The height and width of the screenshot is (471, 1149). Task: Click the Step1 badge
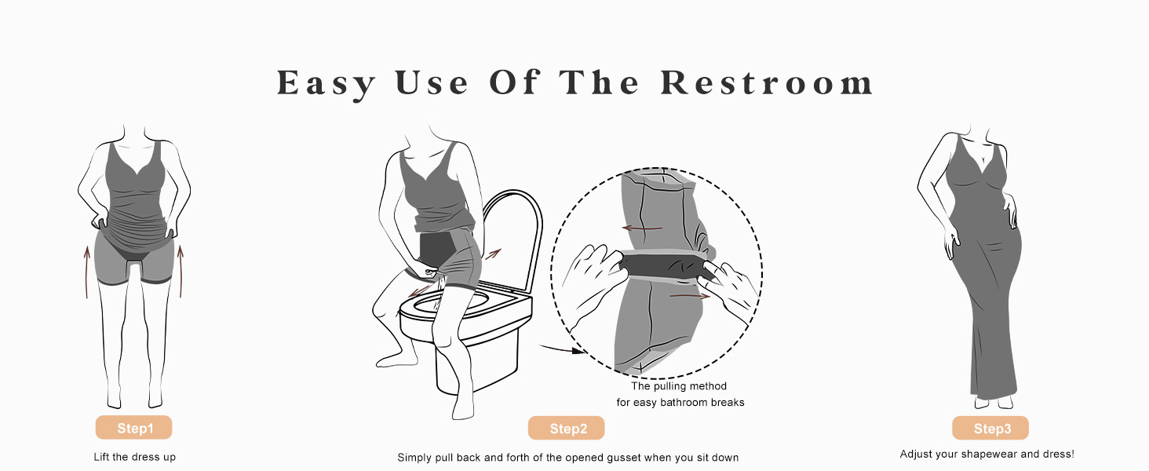133,427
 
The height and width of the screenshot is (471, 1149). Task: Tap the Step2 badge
567,428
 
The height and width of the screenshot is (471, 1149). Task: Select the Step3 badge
990,428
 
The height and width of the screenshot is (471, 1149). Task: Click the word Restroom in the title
767,82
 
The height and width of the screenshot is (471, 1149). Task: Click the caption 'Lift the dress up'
134,457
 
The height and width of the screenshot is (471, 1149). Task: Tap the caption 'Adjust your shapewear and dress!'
987,454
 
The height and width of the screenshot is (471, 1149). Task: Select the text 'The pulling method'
679,386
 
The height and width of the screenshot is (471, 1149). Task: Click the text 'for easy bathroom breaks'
680,402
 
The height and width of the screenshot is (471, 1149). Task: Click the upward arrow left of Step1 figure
86,272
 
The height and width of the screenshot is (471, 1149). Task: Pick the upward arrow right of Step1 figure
181,272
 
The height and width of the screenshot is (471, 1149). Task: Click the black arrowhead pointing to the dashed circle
578,351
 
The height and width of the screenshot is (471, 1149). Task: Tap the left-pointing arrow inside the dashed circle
642,228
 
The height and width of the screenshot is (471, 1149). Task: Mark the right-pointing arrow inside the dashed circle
690,296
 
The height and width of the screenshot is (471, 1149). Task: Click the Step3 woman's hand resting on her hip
1010,210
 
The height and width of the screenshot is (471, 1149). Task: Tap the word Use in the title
432,82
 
